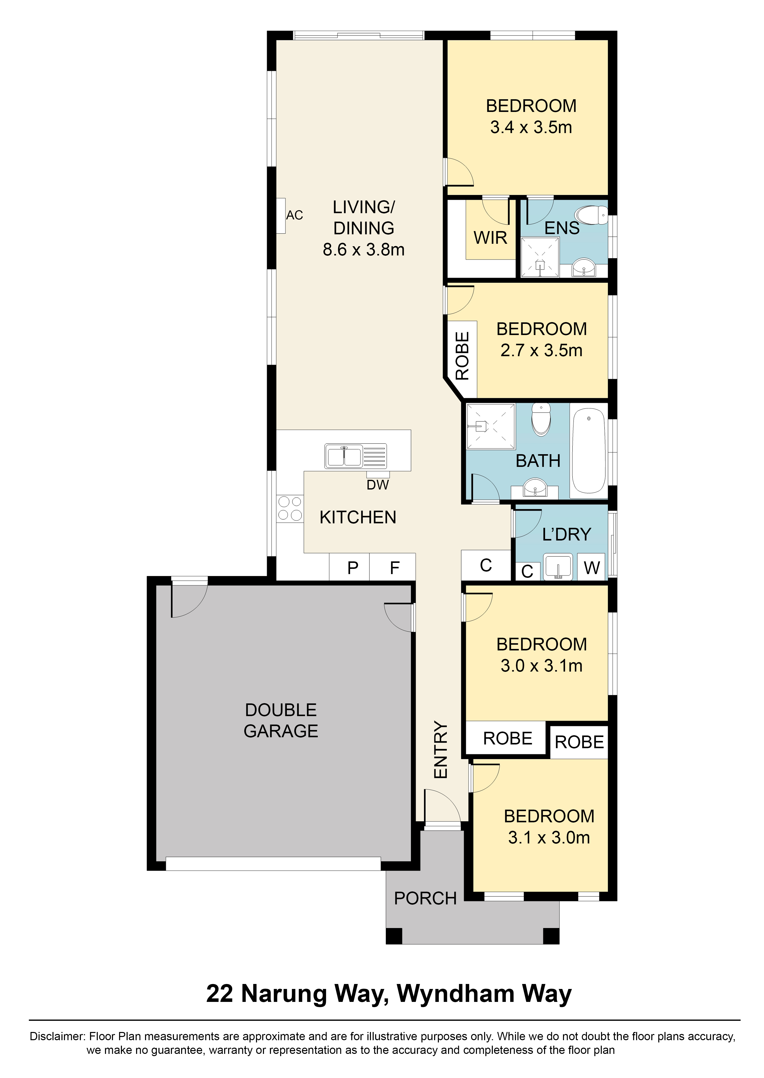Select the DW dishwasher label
(378, 485)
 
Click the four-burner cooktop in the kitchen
(290, 508)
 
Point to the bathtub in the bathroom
(589, 451)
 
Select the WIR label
(490, 238)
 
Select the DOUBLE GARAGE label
(281, 721)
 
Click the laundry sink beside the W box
(558, 567)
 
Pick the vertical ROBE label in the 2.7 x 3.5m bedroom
(462, 356)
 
